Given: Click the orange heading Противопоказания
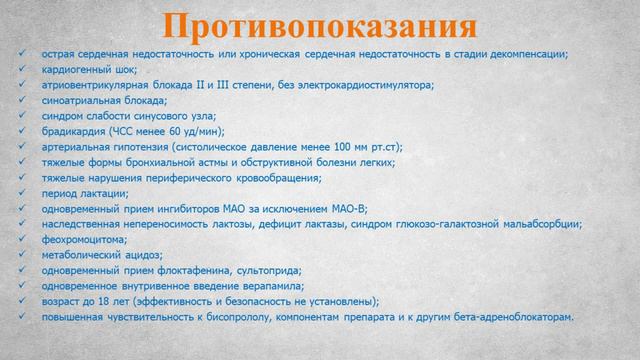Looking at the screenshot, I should tap(320, 24).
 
